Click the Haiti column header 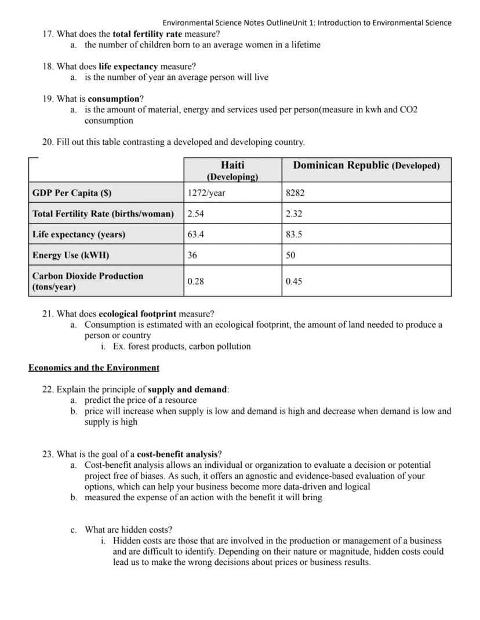tap(232, 170)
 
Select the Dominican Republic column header tap(366, 166)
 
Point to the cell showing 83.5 tap(294, 234)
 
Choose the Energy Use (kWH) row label tap(71, 255)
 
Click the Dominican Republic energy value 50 tap(290, 255)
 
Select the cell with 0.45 tap(294, 281)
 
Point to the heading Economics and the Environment tap(94, 368)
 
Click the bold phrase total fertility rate tap(147, 34)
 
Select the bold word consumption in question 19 tap(114, 98)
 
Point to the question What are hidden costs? tap(128, 530)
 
